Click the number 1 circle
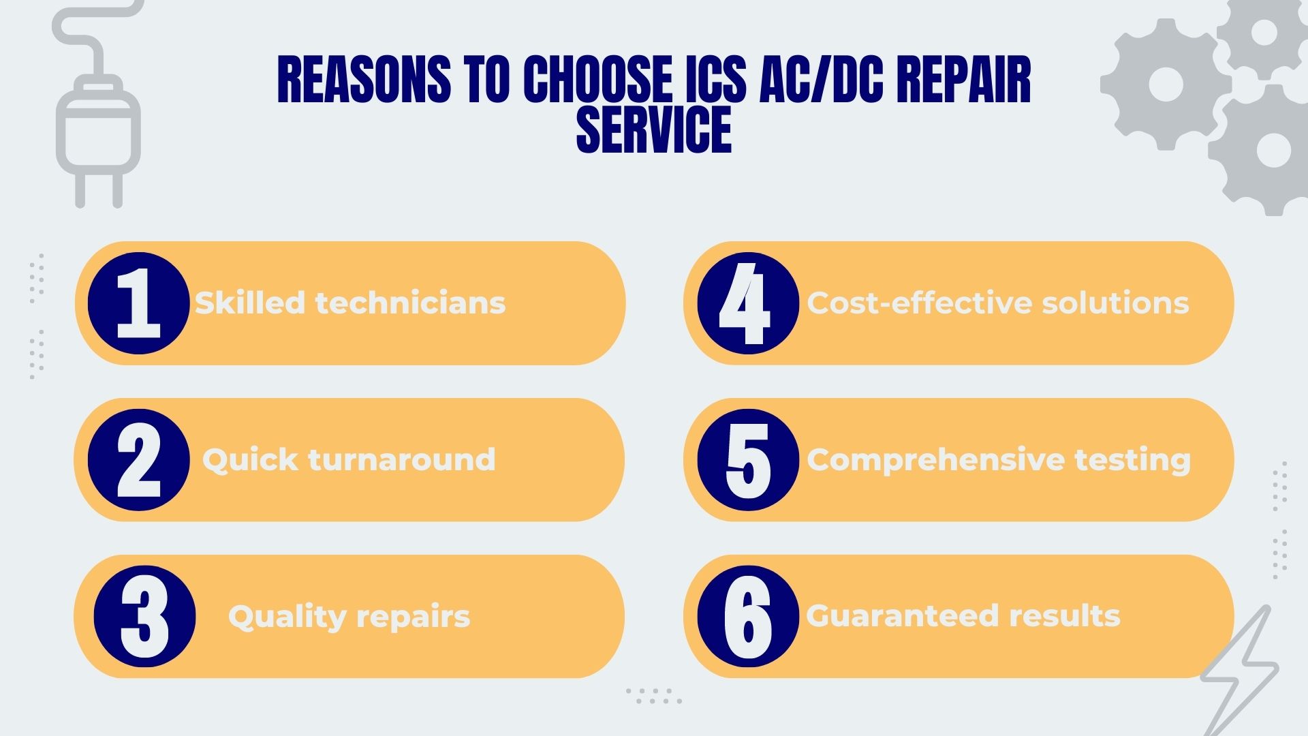click(x=138, y=303)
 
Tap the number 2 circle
click(x=138, y=460)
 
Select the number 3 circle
click(x=144, y=617)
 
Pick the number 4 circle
click(x=747, y=303)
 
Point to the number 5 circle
click(x=747, y=460)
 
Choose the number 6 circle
click(x=747, y=617)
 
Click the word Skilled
click(x=249, y=303)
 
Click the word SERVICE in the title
click(x=654, y=129)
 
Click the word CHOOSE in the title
click(x=597, y=80)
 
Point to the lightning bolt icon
click(x=1240, y=671)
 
